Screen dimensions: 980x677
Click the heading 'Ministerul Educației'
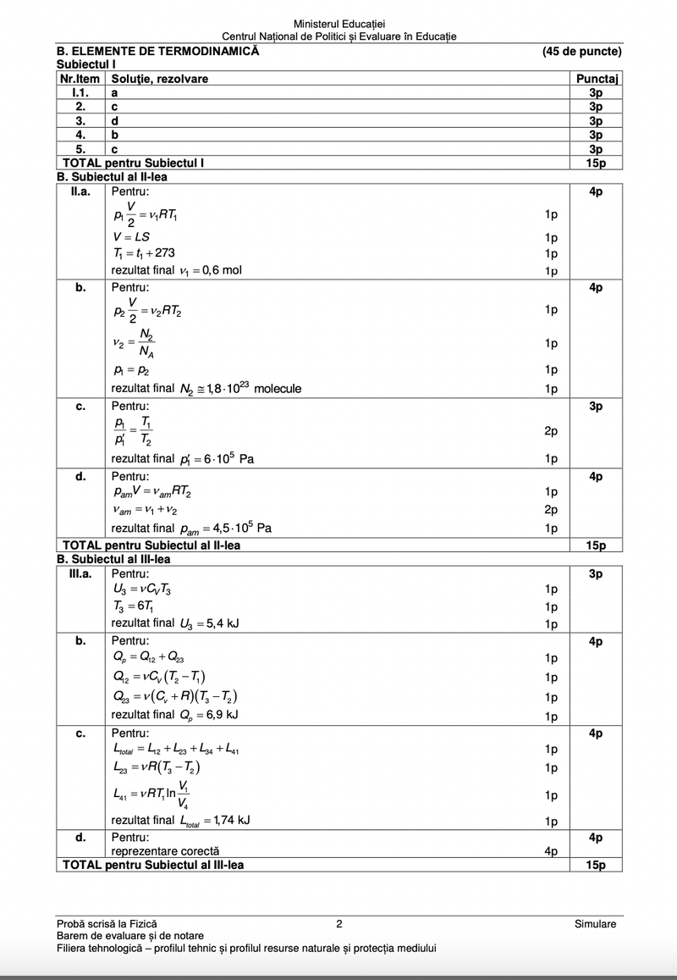(338, 24)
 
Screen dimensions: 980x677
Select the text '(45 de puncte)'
(582, 51)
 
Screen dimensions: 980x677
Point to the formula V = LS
(130, 237)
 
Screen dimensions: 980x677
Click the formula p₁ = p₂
(130, 370)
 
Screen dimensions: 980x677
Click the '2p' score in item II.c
(551, 431)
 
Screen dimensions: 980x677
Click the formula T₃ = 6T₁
(133, 606)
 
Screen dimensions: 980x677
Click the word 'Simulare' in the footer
(595, 924)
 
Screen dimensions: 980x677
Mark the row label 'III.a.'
(80, 573)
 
